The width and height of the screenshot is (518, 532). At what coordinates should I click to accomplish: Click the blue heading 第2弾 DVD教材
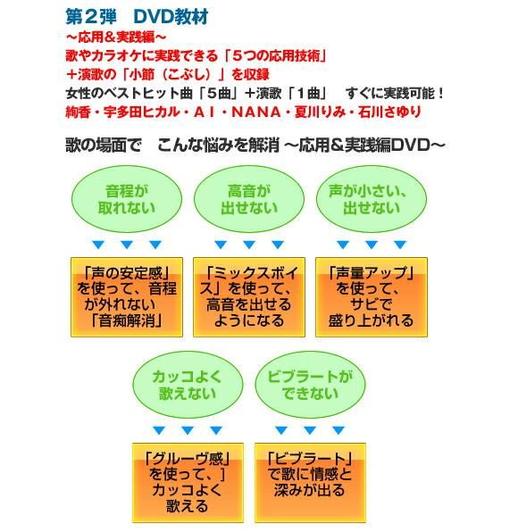pyautogui.click(x=137, y=17)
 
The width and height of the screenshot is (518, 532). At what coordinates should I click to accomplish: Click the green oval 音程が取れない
pyautogui.click(x=127, y=199)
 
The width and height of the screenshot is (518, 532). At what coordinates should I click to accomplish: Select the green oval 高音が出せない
pyautogui.click(x=249, y=199)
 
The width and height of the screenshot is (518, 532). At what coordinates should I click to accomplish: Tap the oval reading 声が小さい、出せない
pyautogui.click(x=372, y=199)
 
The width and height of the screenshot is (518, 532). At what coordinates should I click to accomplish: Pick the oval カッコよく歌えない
pyautogui.click(x=188, y=385)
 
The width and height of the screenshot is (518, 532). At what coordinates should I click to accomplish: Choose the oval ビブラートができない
pyautogui.click(x=310, y=385)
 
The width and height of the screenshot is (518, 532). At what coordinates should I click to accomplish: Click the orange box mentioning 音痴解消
pyautogui.click(x=127, y=297)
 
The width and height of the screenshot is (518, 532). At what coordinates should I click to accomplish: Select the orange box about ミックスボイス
pyautogui.click(x=249, y=297)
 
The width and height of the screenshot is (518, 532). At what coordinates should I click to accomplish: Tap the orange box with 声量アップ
pyautogui.click(x=372, y=297)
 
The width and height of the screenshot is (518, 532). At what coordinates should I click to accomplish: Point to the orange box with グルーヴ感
pyautogui.click(x=188, y=483)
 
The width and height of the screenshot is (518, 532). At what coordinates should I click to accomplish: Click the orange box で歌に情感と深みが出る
pyautogui.click(x=310, y=483)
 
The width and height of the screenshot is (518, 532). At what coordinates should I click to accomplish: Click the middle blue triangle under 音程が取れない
pyautogui.click(x=127, y=245)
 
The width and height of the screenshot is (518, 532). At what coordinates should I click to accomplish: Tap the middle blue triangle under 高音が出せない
pyautogui.click(x=249, y=245)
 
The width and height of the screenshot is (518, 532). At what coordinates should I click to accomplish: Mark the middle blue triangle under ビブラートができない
pyautogui.click(x=310, y=430)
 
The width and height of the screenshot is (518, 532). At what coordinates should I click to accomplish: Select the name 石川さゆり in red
pyautogui.click(x=389, y=112)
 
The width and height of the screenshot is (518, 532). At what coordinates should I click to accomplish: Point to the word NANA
pyautogui.click(x=256, y=112)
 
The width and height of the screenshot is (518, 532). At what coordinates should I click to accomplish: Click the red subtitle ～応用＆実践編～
pyautogui.click(x=116, y=37)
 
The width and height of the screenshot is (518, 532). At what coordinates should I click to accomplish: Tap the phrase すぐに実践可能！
pyautogui.click(x=395, y=94)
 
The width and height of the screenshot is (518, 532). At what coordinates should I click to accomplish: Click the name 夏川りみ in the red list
pyautogui.click(x=320, y=112)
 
